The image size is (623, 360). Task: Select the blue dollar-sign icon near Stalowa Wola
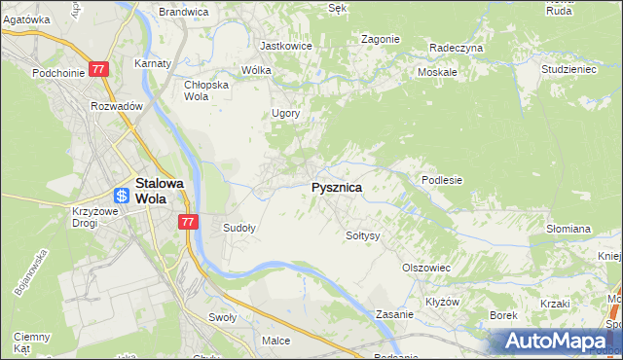point(122,196)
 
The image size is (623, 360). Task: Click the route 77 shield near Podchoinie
point(98,69)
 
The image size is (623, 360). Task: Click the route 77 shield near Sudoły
point(189,222)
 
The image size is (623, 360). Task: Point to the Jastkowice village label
point(284,45)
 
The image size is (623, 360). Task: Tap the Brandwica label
point(184,12)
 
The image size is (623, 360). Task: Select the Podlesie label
point(441,180)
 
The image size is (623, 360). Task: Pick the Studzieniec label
point(568,71)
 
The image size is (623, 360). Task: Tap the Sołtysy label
point(362,235)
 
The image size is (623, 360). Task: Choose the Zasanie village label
point(396,315)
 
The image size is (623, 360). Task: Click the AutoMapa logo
point(560,341)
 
